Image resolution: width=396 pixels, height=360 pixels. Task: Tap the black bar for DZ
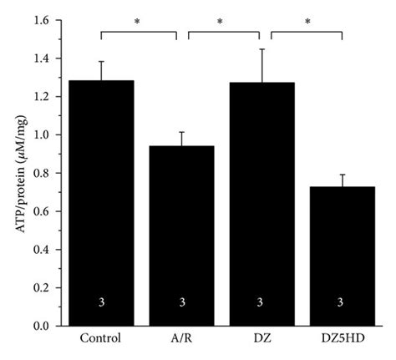(262, 204)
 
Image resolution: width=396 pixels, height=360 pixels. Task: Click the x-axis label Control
(101, 340)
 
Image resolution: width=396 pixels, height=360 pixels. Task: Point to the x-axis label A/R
(181, 340)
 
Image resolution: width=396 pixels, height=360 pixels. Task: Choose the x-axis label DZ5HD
(343, 340)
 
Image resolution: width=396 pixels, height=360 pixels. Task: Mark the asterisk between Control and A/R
(139, 23)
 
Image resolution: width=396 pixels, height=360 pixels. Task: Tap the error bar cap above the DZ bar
(262, 49)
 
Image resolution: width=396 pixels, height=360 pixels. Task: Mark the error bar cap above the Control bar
(101, 61)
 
